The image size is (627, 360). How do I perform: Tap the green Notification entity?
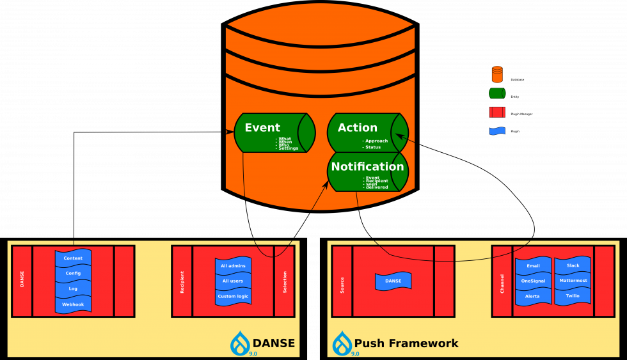pyautogui.click(x=367, y=171)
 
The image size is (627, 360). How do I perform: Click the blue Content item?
pyautogui.click(x=73, y=258)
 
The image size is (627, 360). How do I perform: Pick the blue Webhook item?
pyautogui.click(x=73, y=304)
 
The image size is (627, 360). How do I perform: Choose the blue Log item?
pyautogui.click(x=73, y=289)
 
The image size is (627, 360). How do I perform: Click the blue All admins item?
pyautogui.click(x=233, y=265)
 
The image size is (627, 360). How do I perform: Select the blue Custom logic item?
pyautogui.click(x=233, y=296)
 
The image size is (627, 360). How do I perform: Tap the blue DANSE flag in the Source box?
pyautogui.click(x=393, y=281)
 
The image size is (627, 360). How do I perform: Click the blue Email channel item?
pyautogui.click(x=533, y=265)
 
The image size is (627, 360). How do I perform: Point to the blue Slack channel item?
pyautogui.click(x=573, y=265)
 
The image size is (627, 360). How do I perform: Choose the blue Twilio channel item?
pyautogui.click(x=573, y=296)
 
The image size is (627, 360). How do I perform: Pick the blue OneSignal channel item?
pyautogui.click(x=533, y=281)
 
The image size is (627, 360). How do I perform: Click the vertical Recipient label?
pyautogui.click(x=182, y=281)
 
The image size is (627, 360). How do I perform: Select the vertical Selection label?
pyautogui.click(x=285, y=281)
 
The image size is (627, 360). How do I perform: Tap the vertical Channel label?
pyautogui.click(x=502, y=281)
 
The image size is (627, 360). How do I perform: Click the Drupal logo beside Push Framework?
pyautogui.click(x=342, y=343)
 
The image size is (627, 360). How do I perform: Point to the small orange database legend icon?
pyautogui.click(x=497, y=74)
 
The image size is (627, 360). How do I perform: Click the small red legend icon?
pyautogui.click(x=497, y=112)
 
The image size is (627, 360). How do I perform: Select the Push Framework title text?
pyautogui.click(x=406, y=343)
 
